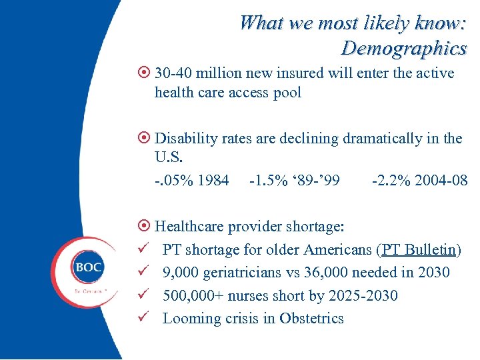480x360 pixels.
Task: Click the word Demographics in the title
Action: [403, 48]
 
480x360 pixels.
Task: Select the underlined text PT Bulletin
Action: [418, 250]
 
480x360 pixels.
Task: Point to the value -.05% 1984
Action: [191, 181]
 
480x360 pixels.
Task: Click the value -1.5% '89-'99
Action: [294, 181]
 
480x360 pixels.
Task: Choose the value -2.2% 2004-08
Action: [419, 181]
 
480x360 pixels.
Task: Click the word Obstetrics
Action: [311, 318]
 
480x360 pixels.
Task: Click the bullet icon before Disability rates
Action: [144, 139]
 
